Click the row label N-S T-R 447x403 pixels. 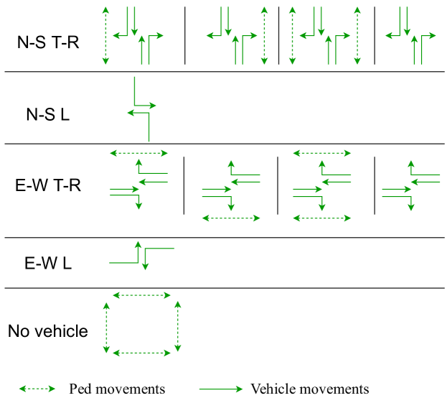[48, 42]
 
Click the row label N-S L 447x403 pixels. [48, 114]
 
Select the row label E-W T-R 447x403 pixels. [48, 186]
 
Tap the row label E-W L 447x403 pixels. [48, 263]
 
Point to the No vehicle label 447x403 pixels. [48, 331]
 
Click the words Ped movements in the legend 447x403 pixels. [117, 389]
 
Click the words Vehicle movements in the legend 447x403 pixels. [309, 389]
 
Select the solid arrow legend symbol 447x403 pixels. [221, 389]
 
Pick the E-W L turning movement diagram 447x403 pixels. [141, 255]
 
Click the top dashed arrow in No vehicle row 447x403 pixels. [142, 295]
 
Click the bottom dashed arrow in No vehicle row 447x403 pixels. [142, 352]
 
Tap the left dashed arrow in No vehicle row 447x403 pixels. [107, 328]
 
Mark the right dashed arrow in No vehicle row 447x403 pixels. [177, 328]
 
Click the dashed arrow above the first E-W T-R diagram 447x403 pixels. [138, 152]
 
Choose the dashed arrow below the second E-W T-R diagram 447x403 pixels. [231, 217]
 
